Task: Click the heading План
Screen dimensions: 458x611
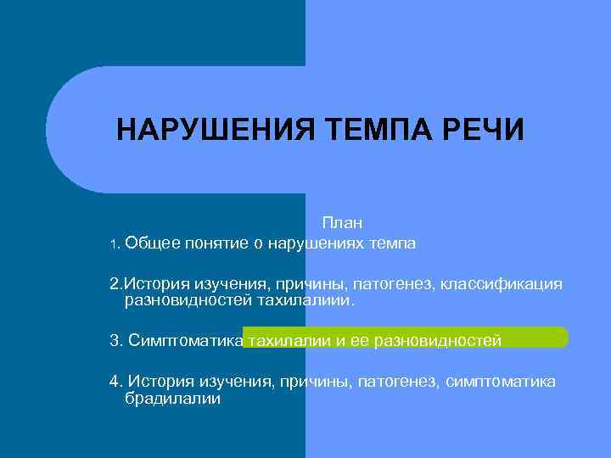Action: [x=342, y=223]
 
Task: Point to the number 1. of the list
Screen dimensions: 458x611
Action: [x=115, y=245]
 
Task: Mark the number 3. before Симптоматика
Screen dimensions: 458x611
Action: [x=116, y=341]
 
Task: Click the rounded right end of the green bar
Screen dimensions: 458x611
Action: [x=563, y=337]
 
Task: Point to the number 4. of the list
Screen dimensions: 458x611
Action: [x=116, y=382]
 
